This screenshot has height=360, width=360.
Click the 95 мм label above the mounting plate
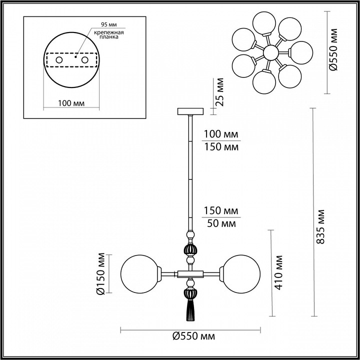[109, 24]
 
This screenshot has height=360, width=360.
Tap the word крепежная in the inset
[109, 32]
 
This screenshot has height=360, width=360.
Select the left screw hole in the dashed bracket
[59, 60]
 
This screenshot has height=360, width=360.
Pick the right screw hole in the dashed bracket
[84, 60]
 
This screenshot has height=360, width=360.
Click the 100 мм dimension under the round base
[71, 103]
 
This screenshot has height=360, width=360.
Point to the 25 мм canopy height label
[219, 92]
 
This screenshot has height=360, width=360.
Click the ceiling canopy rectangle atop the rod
[190, 111]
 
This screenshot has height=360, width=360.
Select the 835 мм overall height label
[320, 226]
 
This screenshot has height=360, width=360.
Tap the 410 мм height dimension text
[278, 272]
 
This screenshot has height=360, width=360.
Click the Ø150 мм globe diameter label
[101, 273]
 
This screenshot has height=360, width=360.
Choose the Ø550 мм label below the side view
[193, 336]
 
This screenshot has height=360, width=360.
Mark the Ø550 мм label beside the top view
[333, 49]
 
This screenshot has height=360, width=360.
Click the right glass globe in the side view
[241, 274]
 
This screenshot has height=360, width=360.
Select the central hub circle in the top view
[271, 52]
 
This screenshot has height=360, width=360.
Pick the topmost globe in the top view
[264, 23]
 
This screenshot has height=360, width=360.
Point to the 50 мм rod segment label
[221, 223]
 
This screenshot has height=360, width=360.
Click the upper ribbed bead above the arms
[190, 250]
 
